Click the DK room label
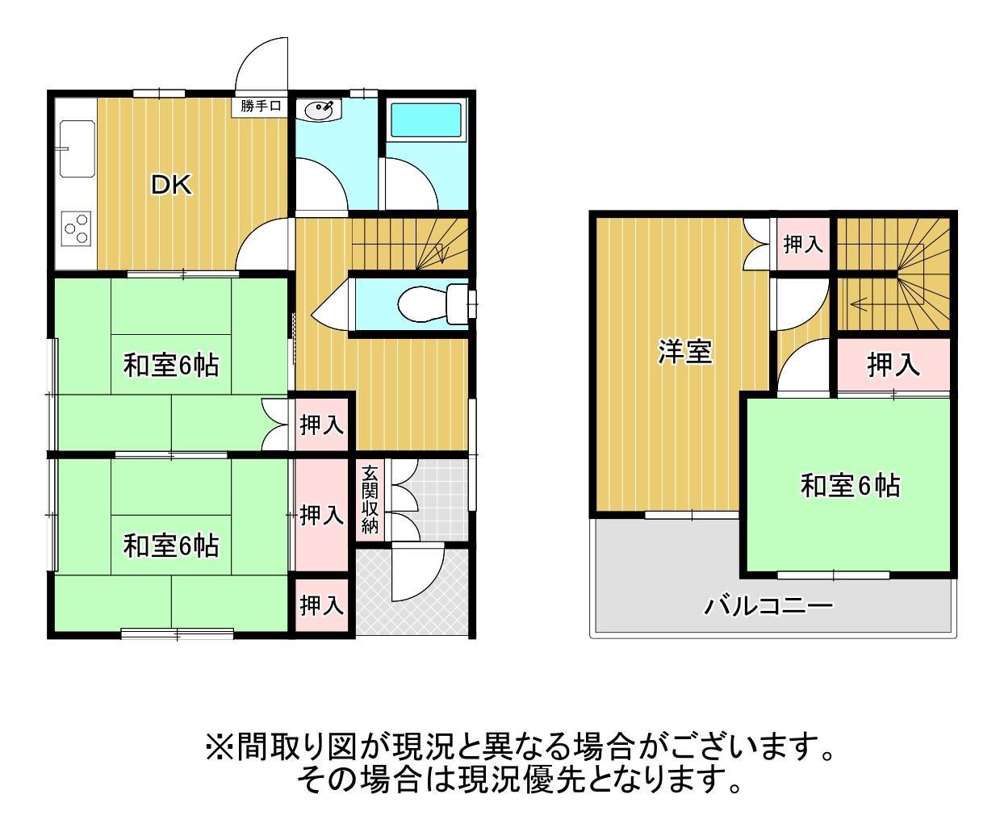(172, 186)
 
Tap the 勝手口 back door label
(260, 107)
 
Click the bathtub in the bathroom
(425, 120)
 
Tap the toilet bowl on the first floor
(423, 303)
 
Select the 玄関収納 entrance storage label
(370, 500)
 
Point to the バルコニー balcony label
(768, 605)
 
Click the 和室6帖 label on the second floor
(850, 486)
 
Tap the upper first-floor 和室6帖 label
(170, 366)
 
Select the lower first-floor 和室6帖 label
(170, 546)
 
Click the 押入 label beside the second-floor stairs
(803, 244)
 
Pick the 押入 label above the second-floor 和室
(893, 366)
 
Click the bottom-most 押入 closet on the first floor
(322, 604)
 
